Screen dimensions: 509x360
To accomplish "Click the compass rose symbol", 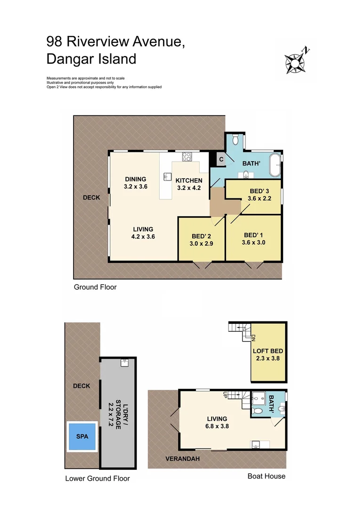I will point(295,62).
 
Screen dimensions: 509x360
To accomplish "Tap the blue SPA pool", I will point(82,435).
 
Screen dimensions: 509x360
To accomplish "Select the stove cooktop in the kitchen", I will point(187,156).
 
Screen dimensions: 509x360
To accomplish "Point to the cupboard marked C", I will point(221,160).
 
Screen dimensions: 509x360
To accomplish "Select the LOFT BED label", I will point(268,351).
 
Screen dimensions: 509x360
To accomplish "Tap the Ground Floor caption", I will point(95,287).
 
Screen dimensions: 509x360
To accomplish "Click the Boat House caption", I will point(266,476).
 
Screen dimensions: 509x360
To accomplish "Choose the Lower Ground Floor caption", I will point(97,479).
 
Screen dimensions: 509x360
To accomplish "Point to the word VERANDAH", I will point(182,459).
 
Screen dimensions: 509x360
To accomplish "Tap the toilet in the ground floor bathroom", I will point(236,140).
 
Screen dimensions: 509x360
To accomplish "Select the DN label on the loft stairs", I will point(253,337).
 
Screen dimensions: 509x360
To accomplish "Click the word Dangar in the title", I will point(68,59).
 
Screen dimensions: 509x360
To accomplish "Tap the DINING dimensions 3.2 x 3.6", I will point(136,186).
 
